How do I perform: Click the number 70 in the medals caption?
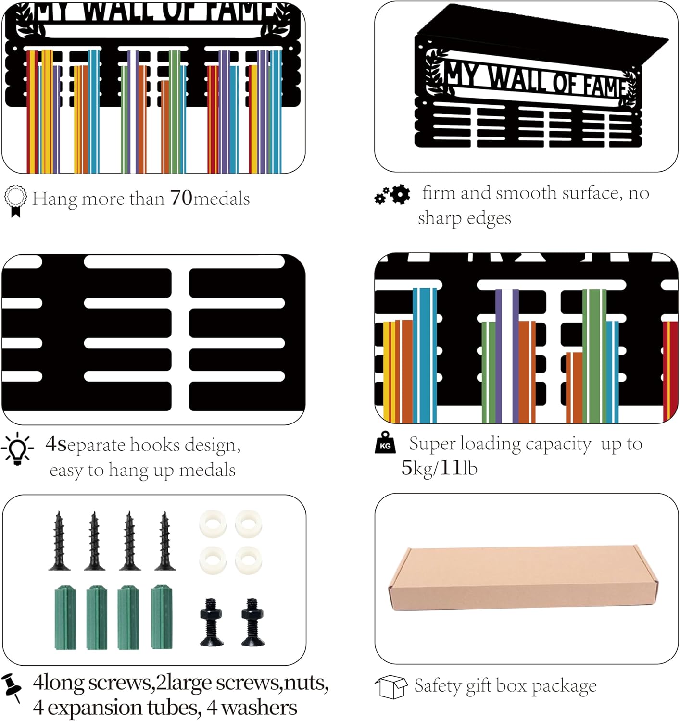(x=181, y=198)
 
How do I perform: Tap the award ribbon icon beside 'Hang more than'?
(x=15, y=201)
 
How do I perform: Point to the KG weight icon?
(x=385, y=442)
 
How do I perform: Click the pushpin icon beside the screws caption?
(x=13, y=687)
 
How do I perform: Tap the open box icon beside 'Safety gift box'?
(x=391, y=687)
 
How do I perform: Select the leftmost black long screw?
(x=59, y=541)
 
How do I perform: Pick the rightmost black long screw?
(x=165, y=541)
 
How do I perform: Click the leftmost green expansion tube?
(x=65, y=618)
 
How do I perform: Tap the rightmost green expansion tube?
(x=162, y=618)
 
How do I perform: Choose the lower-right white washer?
(x=249, y=560)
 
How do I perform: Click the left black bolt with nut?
(x=212, y=622)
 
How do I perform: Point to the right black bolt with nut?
(x=253, y=622)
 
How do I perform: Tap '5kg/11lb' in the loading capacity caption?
(x=439, y=468)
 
